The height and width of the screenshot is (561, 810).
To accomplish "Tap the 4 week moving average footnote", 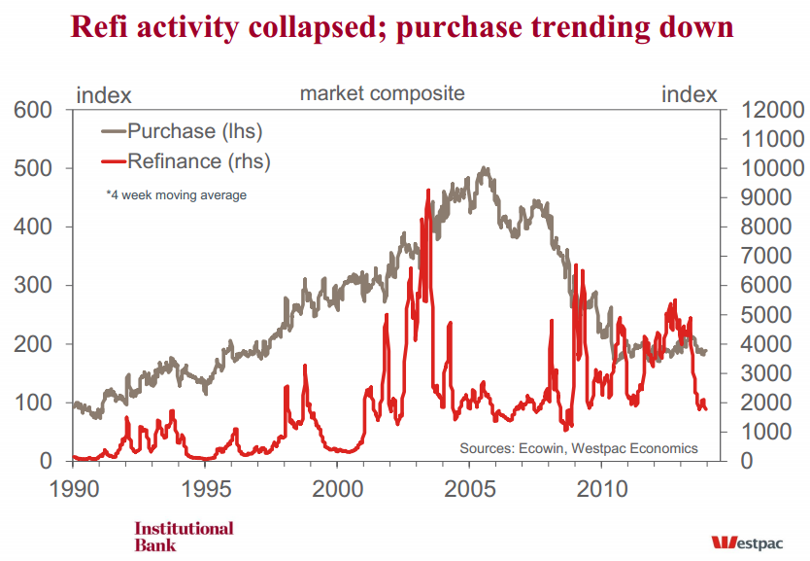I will (176, 195).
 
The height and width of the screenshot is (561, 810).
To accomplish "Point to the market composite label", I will (382, 93).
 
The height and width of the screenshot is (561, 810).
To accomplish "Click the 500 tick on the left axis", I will (32, 169).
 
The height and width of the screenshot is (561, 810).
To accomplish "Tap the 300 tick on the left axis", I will (32, 286).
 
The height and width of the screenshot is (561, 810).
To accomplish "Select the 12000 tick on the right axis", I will (772, 111).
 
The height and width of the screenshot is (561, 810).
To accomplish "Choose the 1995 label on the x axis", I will (205, 485).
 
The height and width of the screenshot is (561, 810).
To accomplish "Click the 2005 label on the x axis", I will (470, 485).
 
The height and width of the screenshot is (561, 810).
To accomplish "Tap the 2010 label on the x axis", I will (602, 485).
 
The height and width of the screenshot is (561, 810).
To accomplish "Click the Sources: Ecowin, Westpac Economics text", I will (578, 448).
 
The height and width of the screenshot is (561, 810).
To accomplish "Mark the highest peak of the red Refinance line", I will (428, 190).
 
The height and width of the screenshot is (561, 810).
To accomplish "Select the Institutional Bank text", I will (184, 536).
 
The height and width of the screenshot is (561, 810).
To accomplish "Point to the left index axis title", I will (103, 94).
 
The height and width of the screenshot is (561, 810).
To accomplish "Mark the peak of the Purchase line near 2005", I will (485, 168).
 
